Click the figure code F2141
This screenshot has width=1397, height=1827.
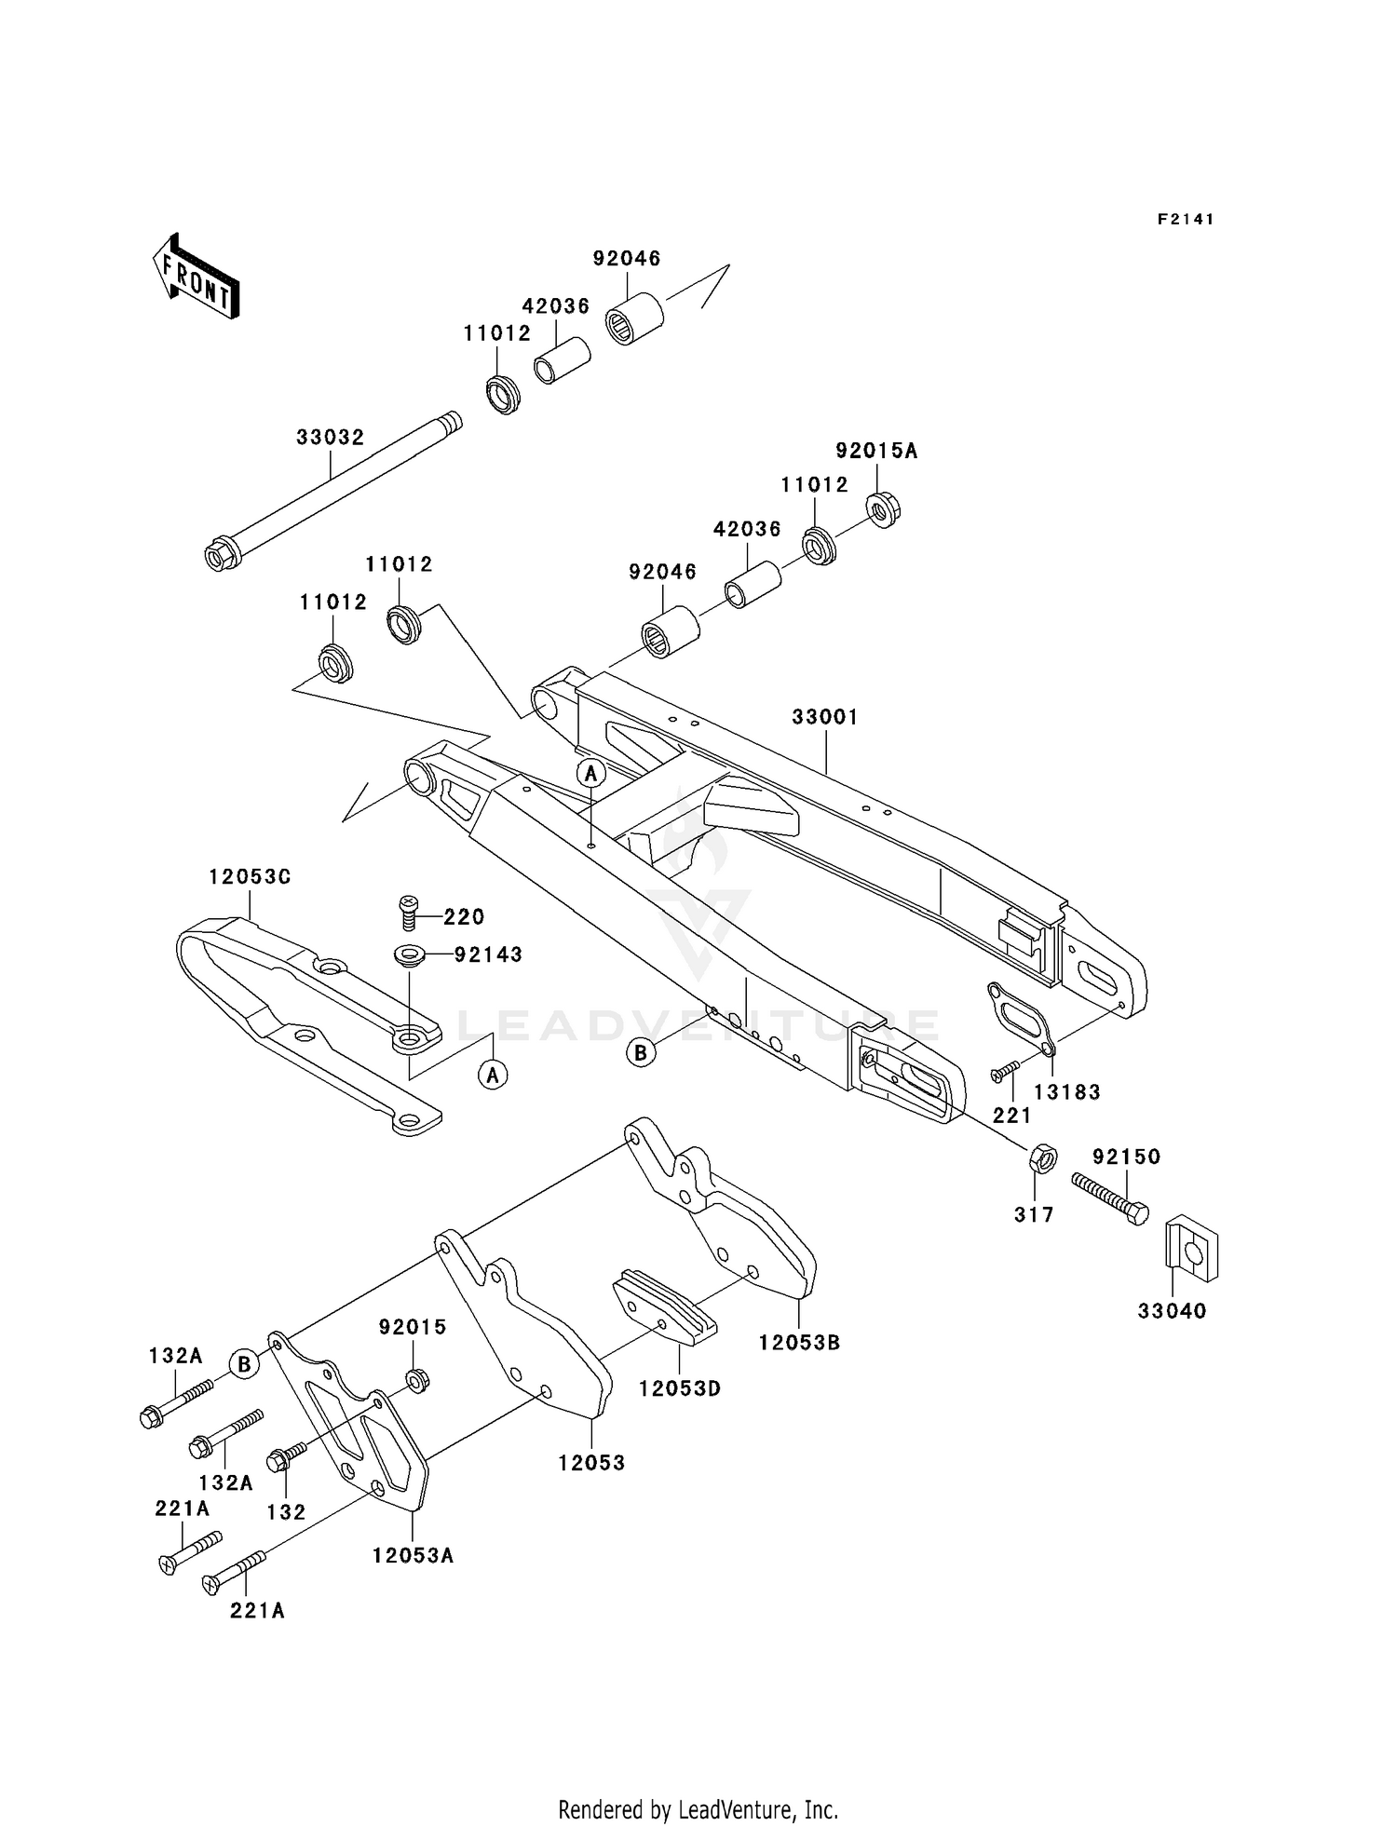tap(1186, 219)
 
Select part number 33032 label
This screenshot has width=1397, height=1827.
tap(330, 437)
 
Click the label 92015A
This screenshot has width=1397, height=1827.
tap(875, 451)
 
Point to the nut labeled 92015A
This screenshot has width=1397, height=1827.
tap(882, 508)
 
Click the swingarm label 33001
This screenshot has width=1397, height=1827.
tap(825, 717)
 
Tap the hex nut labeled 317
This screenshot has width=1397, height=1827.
tap(1043, 1160)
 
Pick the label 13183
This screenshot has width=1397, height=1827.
tap(1067, 1091)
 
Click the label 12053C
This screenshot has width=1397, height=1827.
tap(250, 877)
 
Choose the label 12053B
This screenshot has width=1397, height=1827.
tap(799, 1342)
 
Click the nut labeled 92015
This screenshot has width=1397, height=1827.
tap(419, 1380)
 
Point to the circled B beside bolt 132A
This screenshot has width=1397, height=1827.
tap(243, 1364)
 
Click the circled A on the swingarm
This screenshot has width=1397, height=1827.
tap(590, 773)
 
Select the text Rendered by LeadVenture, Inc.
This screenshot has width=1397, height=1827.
tap(698, 1809)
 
